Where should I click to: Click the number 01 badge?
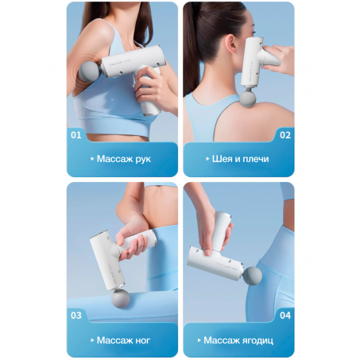[x=76, y=135]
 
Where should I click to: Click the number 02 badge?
[x=285, y=135]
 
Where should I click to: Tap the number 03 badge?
[x=76, y=315]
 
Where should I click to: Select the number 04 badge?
[x=285, y=315]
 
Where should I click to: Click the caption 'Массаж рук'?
[x=124, y=159]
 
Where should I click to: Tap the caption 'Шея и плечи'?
[x=240, y=159]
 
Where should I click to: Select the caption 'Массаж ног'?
[x=123, y=340]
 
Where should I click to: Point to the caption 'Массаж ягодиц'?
[x=238, y=340]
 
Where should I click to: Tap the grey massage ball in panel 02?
[x=248, y=99]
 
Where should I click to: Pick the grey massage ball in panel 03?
[x=121, y=299]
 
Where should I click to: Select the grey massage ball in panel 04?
[x=253, y=276]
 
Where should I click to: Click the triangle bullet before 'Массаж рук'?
[x=92, y=159]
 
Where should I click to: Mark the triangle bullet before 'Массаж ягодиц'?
[x=199, y=340]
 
